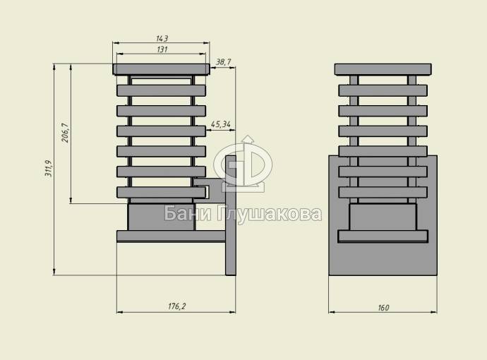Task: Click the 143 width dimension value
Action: pos(162,39)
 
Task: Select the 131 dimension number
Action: pos(162,49)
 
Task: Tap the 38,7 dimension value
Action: pos(223,62)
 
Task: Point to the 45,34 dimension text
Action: pos(220,124)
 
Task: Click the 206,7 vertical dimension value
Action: pos(65,133)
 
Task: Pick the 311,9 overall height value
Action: pos(49,169)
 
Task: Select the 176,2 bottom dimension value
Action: pos(176,306)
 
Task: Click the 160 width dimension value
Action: pos(383,308)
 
